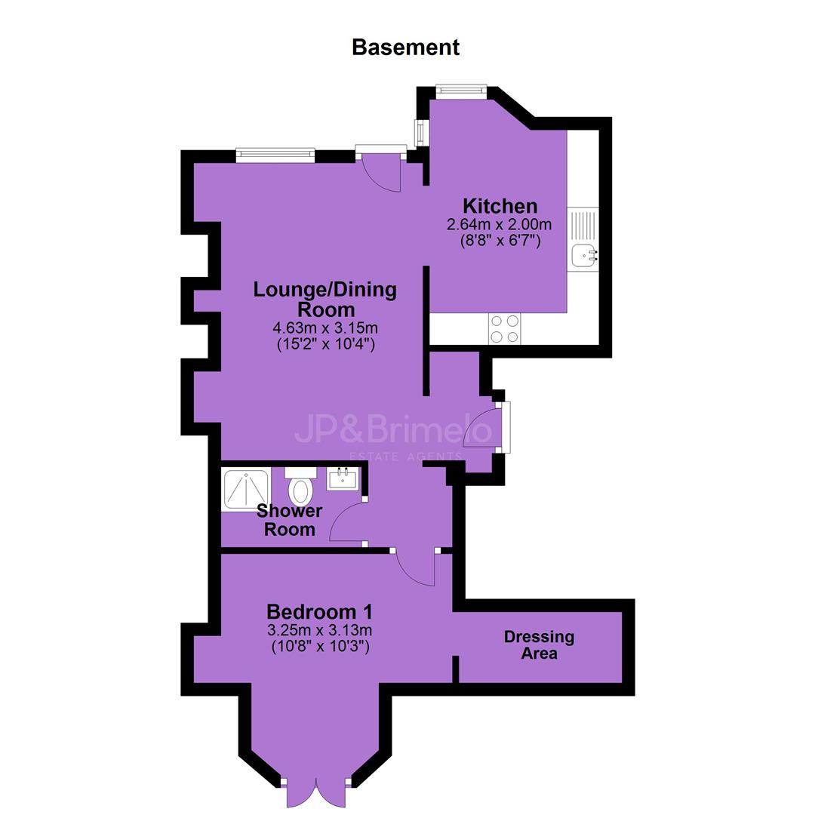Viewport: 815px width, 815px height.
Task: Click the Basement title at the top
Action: coord(405,48)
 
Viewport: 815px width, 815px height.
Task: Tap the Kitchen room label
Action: coord(500,206)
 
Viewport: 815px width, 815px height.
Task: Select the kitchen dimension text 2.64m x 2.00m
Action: coord(499,225)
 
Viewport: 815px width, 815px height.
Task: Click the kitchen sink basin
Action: coord(583,256)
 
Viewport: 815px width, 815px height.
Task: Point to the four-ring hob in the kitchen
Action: coord(504,329)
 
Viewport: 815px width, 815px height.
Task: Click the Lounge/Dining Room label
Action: coord(324,299)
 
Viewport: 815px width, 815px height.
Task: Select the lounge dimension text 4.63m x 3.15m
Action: coord(325,328)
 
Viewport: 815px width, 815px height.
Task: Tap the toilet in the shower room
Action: coord(300,486)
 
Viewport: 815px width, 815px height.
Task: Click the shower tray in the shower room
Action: coord(246,490)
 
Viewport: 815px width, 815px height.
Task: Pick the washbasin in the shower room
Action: coord(343,478)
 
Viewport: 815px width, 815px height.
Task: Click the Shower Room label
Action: coord(290,520)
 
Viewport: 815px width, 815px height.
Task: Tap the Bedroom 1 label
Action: coord(319,612)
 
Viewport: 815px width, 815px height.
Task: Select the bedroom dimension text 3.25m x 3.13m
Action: coord(320,630)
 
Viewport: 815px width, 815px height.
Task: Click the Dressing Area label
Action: coord(539,644)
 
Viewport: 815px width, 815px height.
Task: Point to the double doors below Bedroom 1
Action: coord(316,792)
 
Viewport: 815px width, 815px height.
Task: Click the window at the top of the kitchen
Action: coord(461,91)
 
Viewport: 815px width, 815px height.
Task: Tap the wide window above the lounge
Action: coord(275,155)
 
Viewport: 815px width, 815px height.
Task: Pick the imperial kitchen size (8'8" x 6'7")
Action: coord(500,241)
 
